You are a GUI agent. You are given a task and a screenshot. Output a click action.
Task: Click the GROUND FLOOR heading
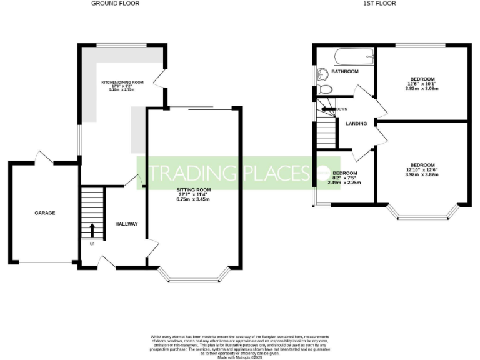point(115,3)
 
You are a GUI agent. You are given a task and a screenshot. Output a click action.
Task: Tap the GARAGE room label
point(44,213)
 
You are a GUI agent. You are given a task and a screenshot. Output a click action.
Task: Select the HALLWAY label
point(126,224)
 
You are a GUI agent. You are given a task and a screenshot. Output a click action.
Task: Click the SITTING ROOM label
point(192,189)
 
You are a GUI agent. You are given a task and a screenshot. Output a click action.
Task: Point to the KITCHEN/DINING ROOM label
point(122,82)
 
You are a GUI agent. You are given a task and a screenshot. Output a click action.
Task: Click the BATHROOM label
point(345,72)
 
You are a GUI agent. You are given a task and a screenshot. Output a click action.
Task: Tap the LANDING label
point(356,123)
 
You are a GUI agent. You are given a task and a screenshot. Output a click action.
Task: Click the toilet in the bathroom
point(323,89)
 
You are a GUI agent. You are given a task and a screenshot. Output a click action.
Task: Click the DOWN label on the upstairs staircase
point(341,109)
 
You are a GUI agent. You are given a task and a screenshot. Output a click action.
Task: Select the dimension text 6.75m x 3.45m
point(192,199)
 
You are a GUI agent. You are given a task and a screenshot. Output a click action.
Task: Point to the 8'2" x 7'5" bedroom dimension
point(344,178)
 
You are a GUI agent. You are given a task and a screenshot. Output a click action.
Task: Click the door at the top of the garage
point(44,157)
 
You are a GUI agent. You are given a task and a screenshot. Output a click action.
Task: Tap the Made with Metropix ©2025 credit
point(240,357)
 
